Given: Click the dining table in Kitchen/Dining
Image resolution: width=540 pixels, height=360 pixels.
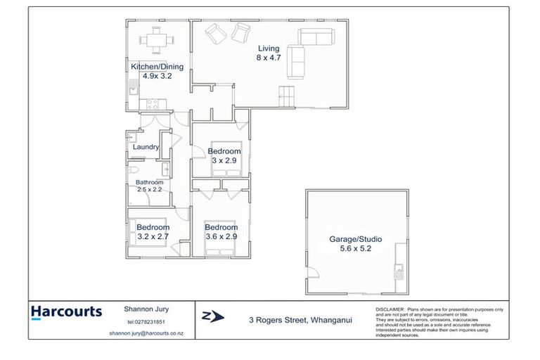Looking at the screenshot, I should click(155, 39).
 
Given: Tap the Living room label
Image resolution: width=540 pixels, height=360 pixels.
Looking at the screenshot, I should click(268, 49).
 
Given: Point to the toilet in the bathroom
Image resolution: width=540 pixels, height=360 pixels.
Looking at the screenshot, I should click(131, 169).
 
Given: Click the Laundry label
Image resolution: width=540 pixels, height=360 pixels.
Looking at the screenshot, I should click(146, 147).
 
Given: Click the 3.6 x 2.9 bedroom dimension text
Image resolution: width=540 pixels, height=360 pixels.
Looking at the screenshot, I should click(221, 236).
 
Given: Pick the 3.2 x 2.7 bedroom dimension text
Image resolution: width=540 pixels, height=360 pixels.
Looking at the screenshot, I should click(153, 236).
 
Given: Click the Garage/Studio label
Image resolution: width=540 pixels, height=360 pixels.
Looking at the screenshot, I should click(356, 239).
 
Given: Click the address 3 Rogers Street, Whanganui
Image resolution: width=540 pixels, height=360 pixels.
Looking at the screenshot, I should click(300, 320).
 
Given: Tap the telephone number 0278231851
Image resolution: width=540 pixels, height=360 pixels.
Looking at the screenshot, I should click(147, 321).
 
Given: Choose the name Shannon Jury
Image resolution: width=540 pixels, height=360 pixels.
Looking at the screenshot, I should click(147, 308).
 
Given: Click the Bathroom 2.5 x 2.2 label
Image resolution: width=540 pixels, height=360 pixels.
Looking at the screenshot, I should click(149, 186).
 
